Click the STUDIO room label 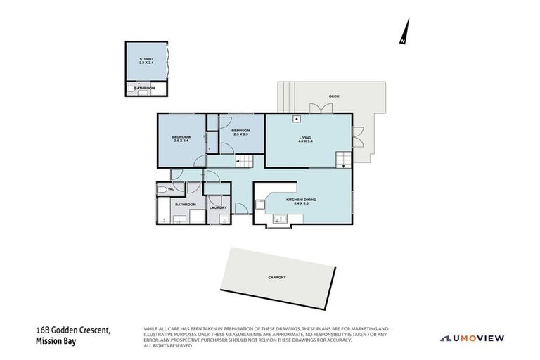tap(146, 60)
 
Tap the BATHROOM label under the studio tap(145, 88)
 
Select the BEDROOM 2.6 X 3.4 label tap(181, 139)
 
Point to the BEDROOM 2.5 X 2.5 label tap(241, 131)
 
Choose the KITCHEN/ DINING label tap(301, 201)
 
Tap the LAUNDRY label tap(217, 207)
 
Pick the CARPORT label tap(277, 278)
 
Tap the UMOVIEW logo tap(472, 338)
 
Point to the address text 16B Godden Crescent tap(73, 330)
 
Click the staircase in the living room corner tap(342, 160)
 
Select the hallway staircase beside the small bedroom tap(243, 162)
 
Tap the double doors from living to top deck tap(321, 109)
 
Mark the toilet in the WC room tap(162, 189)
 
